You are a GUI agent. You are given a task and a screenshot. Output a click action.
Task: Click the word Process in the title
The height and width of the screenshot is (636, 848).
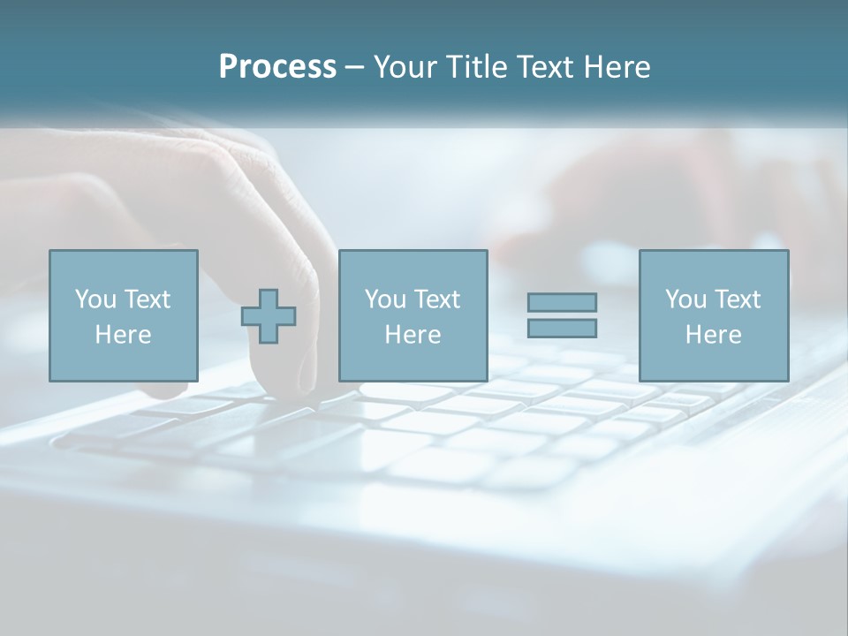pyautogui.click(x=277, y=67)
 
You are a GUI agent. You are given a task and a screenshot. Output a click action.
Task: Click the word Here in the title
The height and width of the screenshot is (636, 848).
pyautogui.click(x=617, y=67)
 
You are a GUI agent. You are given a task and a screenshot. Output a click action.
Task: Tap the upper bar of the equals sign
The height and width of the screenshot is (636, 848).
pyautogui.click(x=562, y=302)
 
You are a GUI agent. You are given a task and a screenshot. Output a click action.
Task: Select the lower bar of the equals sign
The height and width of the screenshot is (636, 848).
pyautogui.click(x=562, y=328)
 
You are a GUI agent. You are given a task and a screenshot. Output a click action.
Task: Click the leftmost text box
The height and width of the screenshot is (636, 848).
pyautogui.click(x=123, y=315)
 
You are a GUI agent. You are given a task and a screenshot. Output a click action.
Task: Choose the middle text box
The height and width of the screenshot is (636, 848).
pyautogui.click(x=413, y=315)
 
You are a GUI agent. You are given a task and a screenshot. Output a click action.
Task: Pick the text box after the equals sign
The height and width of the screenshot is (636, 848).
pyautogui.click(x=713, y=315)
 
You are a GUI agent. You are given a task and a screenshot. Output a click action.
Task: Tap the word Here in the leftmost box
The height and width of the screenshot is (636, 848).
pyautogui.click(x=123, y=335)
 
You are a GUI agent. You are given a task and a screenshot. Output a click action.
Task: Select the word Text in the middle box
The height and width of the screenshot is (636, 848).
pyautogui.click(x=437, y=299)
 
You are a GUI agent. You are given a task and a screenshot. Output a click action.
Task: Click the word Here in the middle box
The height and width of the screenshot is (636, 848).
pyautogui.click(x=413, y=335)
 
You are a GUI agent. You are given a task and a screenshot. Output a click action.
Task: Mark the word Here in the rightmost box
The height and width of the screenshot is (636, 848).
pyautogui.click(x=713, y=335)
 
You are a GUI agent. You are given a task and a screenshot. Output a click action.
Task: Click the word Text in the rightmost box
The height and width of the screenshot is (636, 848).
pyautogui.click(x=738, y=299)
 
